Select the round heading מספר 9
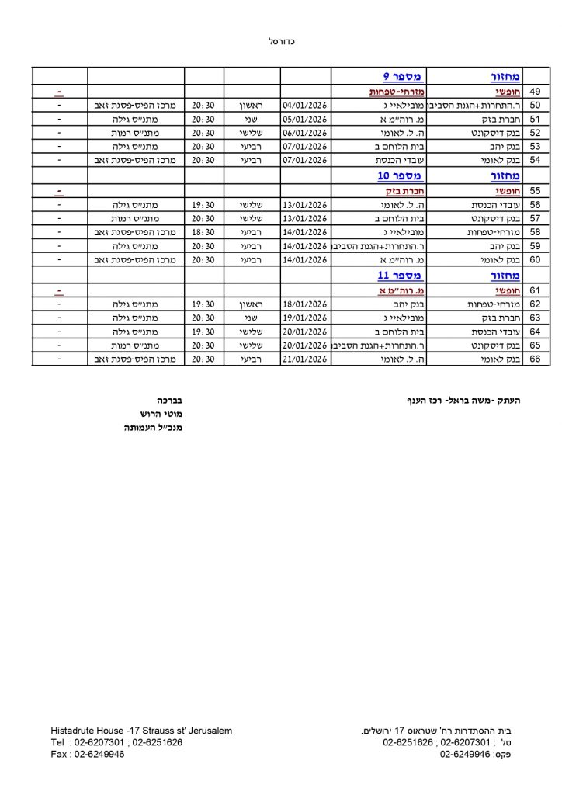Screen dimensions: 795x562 [x=402, y=77]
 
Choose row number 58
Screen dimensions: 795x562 [x=535, y=231]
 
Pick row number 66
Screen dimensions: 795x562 [x=535, y=359]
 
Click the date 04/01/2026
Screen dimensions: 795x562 [x=305, y=105]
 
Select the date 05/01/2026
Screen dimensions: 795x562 [x=305, y=119]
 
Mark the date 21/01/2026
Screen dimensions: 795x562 [x=305, y=359]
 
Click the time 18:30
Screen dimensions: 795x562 [x=203, y=231]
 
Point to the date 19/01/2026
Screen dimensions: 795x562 [x=305, y=318]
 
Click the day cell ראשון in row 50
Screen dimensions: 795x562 [x=252, y=105]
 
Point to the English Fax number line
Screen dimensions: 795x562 [x=87, y=754]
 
